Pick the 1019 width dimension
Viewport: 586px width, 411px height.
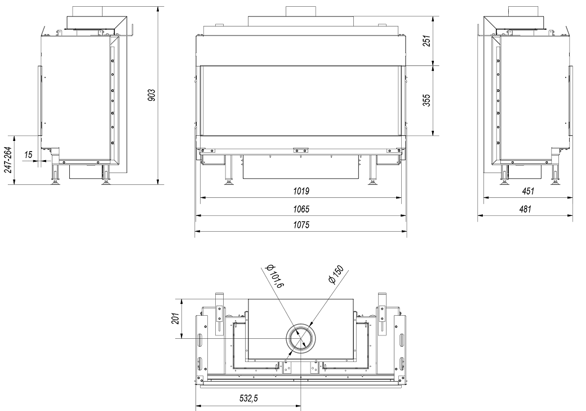301,191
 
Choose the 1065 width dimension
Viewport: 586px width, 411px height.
301,209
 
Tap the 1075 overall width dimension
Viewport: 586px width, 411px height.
301,225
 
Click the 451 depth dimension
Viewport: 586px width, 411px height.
527,191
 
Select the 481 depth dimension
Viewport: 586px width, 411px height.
525,209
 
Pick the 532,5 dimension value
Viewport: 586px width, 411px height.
248,399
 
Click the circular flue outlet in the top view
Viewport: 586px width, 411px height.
301,338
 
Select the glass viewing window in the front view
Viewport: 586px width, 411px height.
301,100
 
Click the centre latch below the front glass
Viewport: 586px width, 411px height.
301,150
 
